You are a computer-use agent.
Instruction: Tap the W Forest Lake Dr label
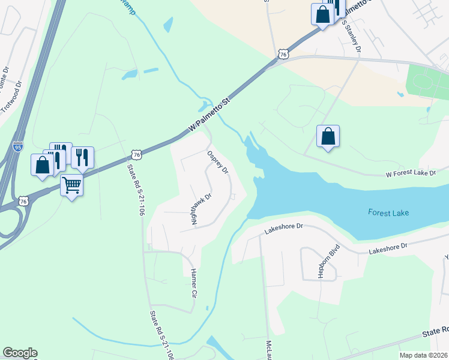tap(411, 173)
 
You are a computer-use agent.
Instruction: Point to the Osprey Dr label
tap(218, 162)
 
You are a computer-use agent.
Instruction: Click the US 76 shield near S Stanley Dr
tap(283, 54)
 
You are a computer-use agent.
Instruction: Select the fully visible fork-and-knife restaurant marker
tap(82, 157)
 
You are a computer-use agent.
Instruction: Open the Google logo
tap(19, 353)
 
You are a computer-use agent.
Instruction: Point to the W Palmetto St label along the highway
tap(209, 116)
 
